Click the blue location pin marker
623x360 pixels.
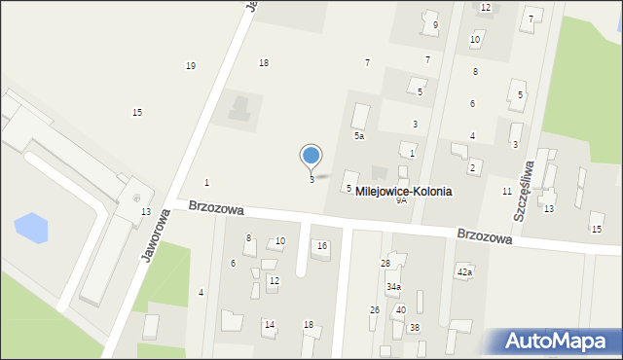click(x=311, y=156)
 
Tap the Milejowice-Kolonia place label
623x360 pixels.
click(x=403, y=192)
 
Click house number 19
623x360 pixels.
click(x=190, y=66)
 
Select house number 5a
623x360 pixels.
click(x=358, y=136)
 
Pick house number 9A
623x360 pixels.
click(x=401, y=200)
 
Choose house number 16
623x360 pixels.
click(x=322, y=246)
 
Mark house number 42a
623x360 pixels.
click(x=464, y=271)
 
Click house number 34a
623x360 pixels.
click(x=393, y=287)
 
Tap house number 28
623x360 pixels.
click(x=385, y=264)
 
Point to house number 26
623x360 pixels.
click(x=375, y=309)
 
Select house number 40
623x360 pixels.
click(x=400, y=309)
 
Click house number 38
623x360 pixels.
click(x=414, y=327)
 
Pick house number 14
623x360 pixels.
click(x=270, y=324)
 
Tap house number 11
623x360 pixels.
click(x=506, y=192)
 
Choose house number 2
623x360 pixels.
click(x=472, y=168)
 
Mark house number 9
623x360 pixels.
click(x=435, y=24)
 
